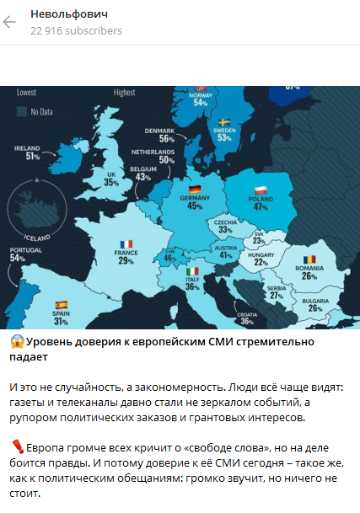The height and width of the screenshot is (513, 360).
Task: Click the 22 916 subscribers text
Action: [76, 31]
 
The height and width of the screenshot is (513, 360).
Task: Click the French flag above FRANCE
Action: [126, 243]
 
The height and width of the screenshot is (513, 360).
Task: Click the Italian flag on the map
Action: [191, 271]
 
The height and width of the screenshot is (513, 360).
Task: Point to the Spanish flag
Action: [61, 304]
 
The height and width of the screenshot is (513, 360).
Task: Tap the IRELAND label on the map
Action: [27, 147]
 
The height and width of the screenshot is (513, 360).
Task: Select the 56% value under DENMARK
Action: [154, 139]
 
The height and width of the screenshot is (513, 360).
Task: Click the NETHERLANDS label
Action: [153, 152]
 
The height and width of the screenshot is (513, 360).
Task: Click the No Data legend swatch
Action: [20, 110]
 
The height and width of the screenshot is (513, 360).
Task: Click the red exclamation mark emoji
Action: [17, 445]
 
